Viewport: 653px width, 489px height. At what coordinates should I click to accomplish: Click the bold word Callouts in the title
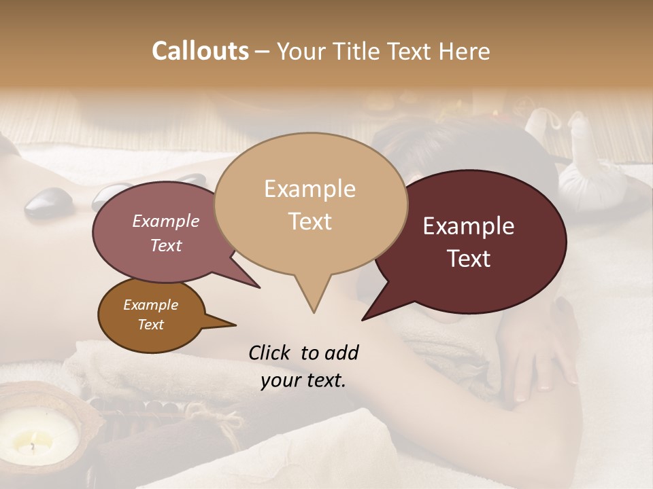pos(200,51)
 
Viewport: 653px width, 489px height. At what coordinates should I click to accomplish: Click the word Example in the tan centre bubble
pos(309,189)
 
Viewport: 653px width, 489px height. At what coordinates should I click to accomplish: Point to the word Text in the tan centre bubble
pos(309,221)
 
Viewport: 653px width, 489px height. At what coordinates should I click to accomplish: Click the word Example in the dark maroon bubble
pos(469,226)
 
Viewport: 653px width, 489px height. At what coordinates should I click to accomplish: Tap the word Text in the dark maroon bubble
pos(469,259)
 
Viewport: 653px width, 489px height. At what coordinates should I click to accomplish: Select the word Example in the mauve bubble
pos(166,221)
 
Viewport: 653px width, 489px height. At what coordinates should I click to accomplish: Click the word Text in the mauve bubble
pos(166,245)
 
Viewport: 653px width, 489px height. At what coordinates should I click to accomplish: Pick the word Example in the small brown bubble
pos(150,305)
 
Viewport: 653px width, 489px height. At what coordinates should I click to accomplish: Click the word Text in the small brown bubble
pos(150,325)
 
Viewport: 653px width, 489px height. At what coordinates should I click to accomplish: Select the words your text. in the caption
pos(303,380)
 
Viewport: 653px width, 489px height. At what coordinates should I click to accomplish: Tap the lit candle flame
pos(32,445)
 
